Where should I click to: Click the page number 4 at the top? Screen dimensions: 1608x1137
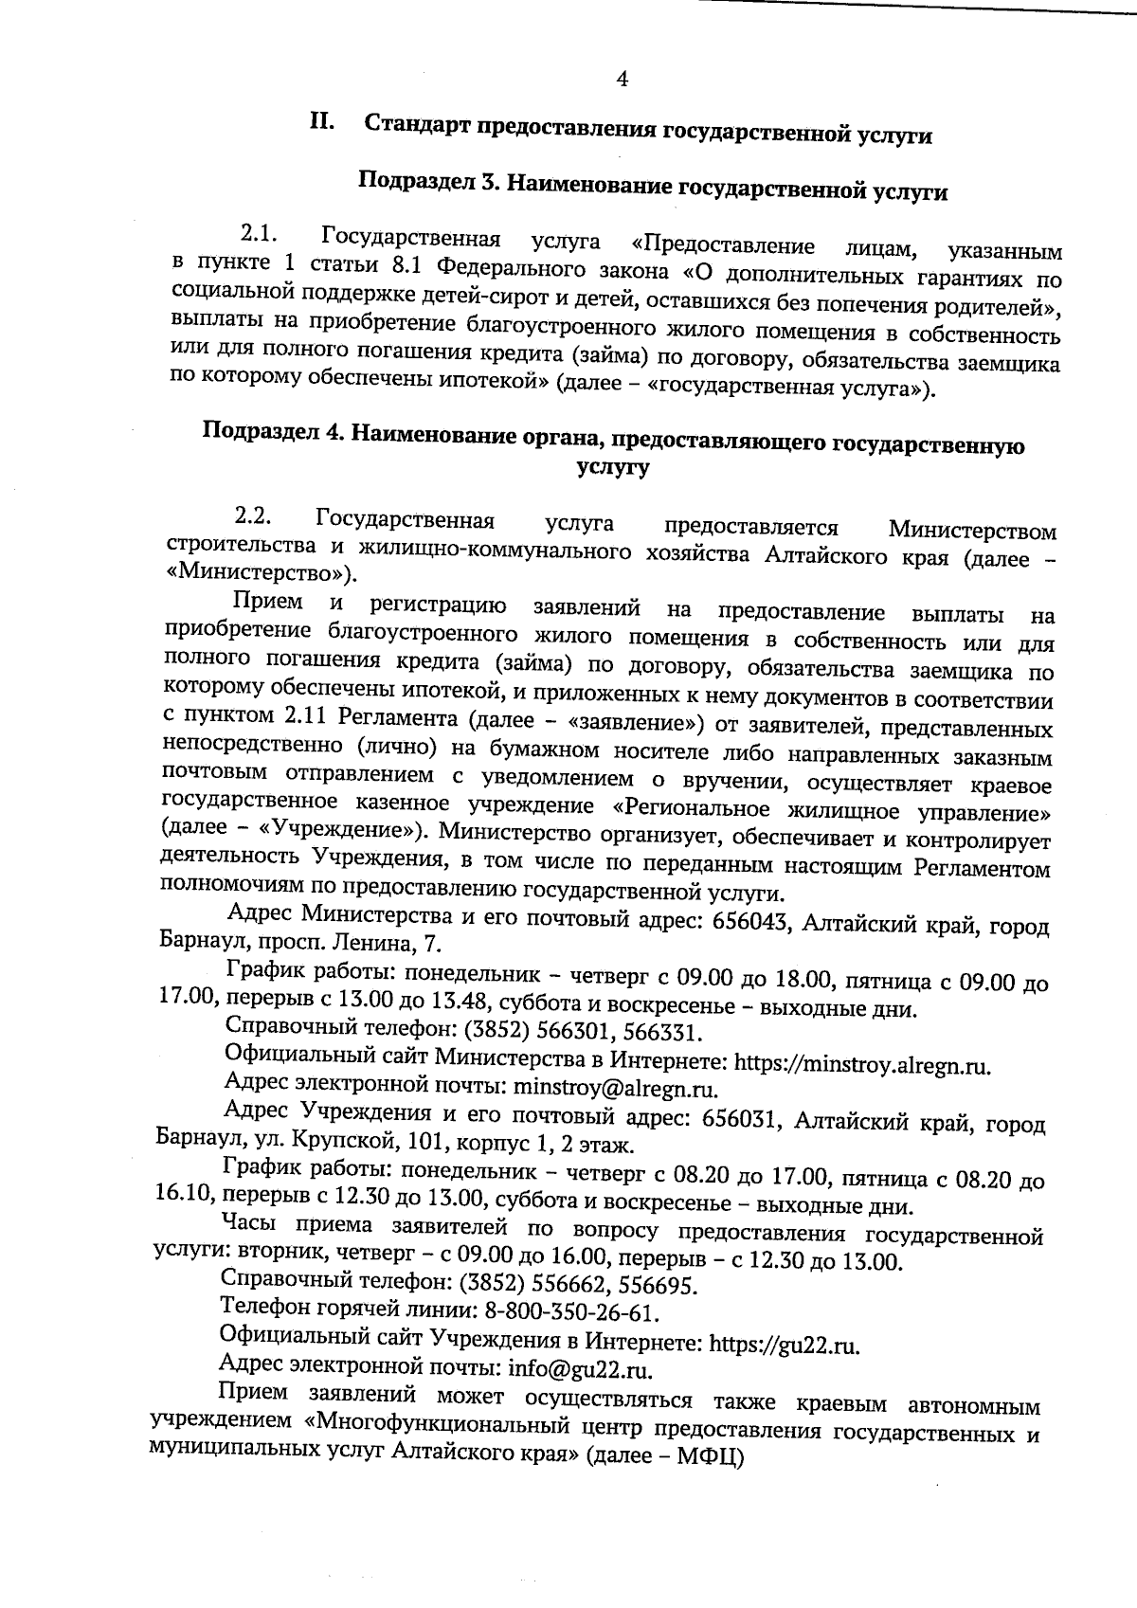tap(623, 80)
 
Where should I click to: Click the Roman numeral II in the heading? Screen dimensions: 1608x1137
tap(319, 122)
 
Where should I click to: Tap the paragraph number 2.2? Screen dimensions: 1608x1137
tap(254, 517)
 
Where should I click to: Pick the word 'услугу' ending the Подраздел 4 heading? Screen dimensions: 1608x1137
tap(613, 467)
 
